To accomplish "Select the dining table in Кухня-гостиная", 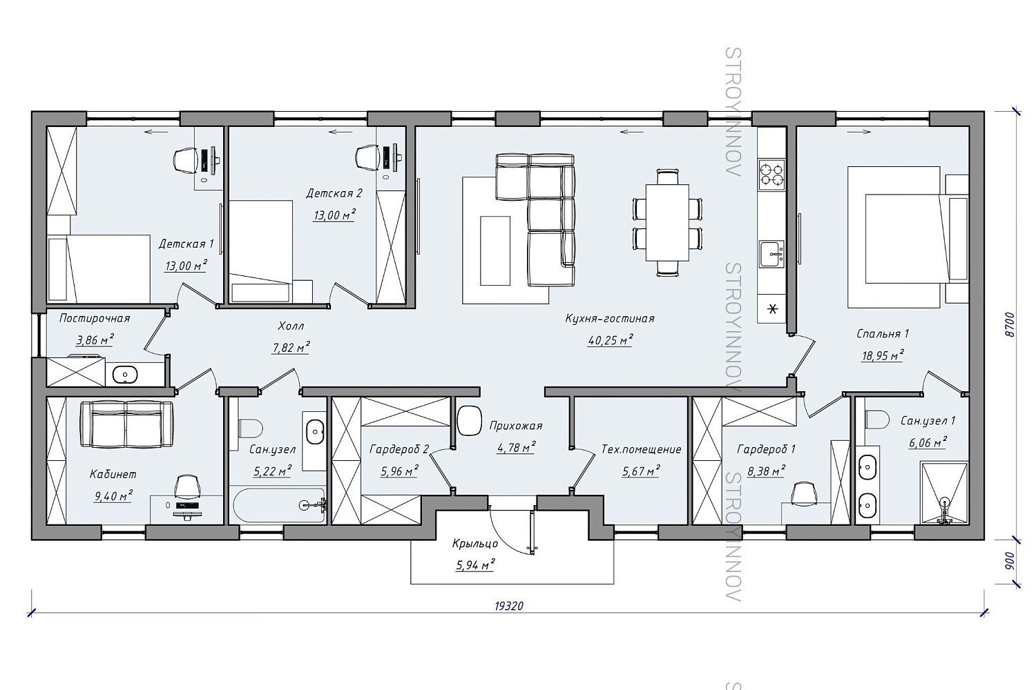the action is pyautogui.click(x=667, y=222).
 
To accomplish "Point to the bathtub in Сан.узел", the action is pyautogui.click(x=279, y=505).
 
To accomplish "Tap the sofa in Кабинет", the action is pyautogui.click(x=126, y=424).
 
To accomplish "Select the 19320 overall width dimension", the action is pyautogui.click(x=509, y=605).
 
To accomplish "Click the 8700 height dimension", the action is pyautogui.click(x=1010, y=324).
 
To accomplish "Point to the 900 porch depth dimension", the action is pyautogui.click(x=1010, y=560).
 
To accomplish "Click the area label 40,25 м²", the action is pyautogui.click(x=611, y=340).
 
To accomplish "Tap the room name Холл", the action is pyautogui.click(x=291, y=326).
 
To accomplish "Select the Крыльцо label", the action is pyautogui.click(x=475, y=544).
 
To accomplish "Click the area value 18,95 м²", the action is pyautogui.click(x=883, y=355).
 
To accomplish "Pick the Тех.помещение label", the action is pyautogui.click(x=641, y=449).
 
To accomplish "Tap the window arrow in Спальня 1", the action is pyautogui.click(x=860, y=132).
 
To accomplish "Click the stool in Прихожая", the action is pyautogui.click(x=470, y=420).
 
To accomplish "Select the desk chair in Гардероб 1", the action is pyautogui.click(x=804, y=493).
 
